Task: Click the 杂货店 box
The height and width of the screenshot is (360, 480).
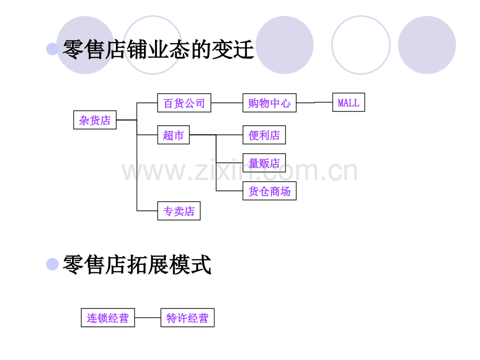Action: tap(95, 120)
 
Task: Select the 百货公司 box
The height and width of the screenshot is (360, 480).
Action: tap(184, 103)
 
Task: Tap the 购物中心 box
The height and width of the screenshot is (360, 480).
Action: tap(269, 103)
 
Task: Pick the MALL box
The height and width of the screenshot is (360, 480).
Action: tap(349, 102)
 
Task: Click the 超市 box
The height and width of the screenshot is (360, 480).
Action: tap(174, 135)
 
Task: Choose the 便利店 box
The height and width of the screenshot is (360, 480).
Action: tap(264, 135)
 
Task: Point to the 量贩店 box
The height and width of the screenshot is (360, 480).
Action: tap(264, 163)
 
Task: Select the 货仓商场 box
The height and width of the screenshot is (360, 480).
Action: tap(269, 191)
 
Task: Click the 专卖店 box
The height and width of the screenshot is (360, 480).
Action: tap(179, 211)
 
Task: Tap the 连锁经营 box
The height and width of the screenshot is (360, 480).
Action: tap(108, 318)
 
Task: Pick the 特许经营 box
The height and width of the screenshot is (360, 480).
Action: tap(187, 318)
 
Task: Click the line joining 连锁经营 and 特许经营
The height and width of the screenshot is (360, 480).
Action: tap(148, 318)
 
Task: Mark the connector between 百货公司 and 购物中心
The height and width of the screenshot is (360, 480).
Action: tap(227, 103)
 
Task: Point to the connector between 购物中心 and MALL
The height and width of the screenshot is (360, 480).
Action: tap(315, 103)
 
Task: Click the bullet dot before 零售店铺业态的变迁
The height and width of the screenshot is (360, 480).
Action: tap(52, 49)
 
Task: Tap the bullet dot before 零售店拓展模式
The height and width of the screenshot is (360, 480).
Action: tap(52, 264)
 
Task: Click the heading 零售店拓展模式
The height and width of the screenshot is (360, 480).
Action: tap(137, 265)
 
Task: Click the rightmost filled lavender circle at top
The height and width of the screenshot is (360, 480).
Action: tap(427, 45)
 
